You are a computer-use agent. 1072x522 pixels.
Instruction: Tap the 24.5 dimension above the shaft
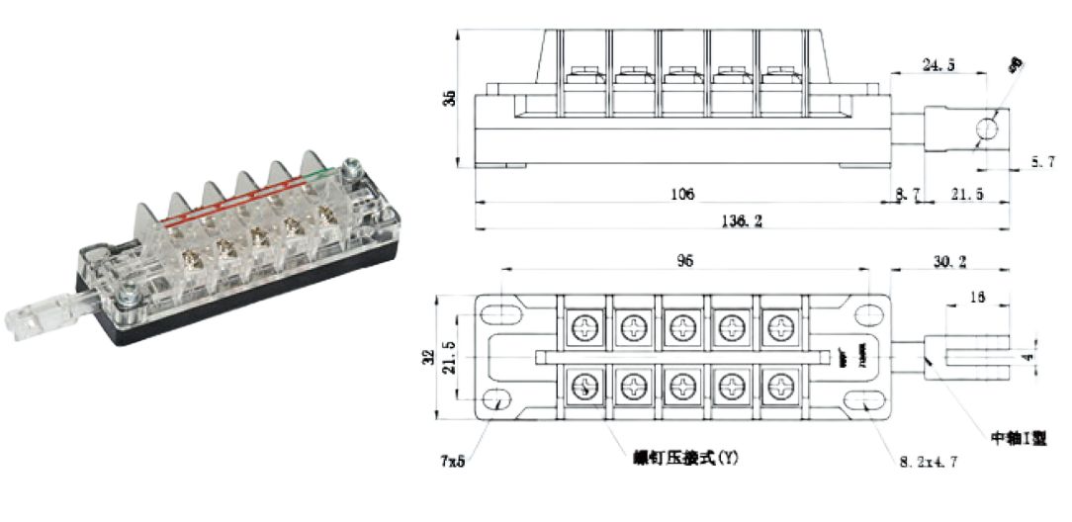[938, 65]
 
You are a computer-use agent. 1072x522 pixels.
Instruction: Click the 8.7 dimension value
[907, 197]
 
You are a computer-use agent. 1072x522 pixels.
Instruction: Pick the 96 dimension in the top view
[684, 262]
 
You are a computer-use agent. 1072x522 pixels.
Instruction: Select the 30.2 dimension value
[951, 262]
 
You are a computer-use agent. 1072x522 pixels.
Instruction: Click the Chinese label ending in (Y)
[685, 459]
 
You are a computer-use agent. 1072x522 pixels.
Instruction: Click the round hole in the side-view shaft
[987, 129]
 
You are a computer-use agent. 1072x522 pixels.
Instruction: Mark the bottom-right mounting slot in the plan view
[869, 399]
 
